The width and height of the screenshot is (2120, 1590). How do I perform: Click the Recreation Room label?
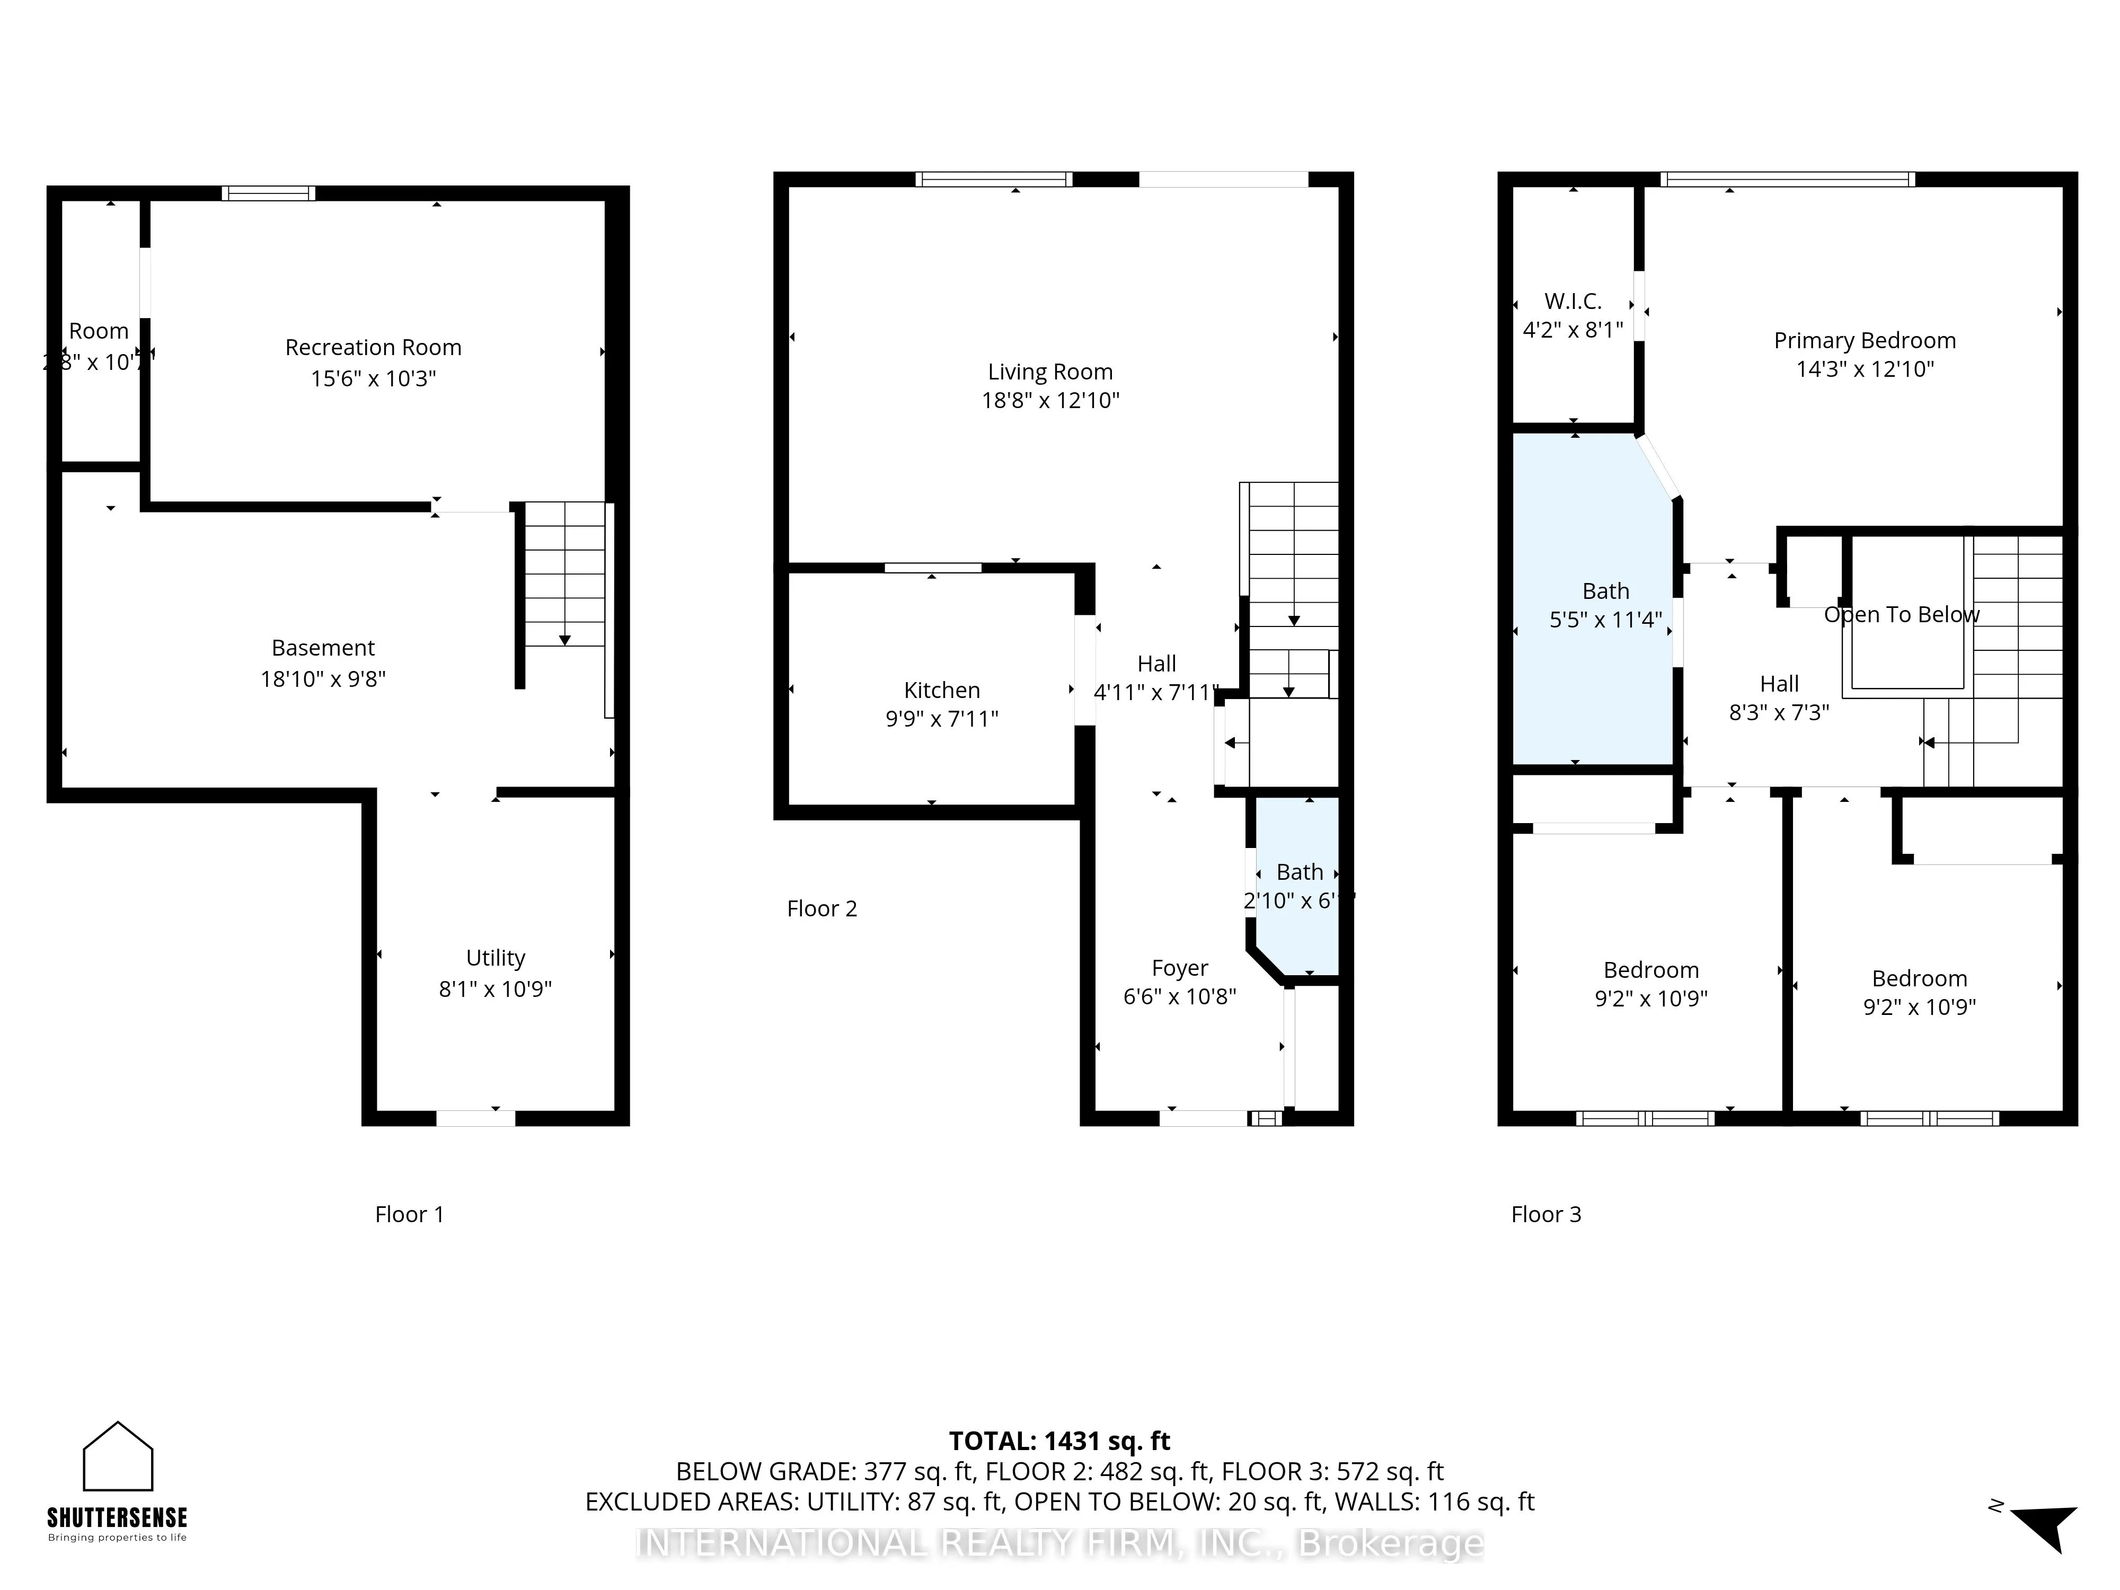pos(373,347)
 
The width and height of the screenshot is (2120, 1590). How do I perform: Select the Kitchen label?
pos(941,690)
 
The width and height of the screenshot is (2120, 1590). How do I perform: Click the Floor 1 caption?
pos(409,1214)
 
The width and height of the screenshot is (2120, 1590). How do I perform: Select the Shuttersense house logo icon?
pos(118,1457)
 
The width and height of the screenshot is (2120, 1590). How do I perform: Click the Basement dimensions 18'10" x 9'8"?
pos(323,678)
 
